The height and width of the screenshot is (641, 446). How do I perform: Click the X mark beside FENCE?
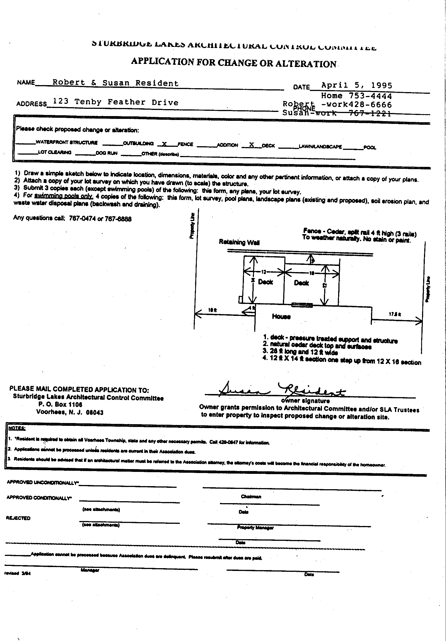point(164,144)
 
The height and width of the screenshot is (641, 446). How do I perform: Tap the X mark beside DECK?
point(251,144)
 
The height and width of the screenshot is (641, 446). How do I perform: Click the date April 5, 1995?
point(357,85)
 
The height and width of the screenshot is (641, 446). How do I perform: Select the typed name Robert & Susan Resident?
point(115,83)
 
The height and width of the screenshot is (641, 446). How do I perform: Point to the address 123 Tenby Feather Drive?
point(115,102)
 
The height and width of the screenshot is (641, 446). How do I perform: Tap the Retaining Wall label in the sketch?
point(239,242)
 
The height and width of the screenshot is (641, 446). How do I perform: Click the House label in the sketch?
point(281,316)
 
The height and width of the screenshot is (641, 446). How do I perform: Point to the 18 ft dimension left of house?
point(212,309)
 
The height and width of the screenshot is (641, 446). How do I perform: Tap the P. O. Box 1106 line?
point(60,405)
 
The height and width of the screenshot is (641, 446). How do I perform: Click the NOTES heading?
point(13,428)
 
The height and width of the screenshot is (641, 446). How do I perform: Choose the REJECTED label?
point(18,518)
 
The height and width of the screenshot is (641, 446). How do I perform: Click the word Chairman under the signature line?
point(251,497)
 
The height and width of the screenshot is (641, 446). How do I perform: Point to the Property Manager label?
point(255,527)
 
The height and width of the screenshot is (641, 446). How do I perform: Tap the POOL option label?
point(370,148)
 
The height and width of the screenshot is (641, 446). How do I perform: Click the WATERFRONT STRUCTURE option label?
point(67,142)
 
